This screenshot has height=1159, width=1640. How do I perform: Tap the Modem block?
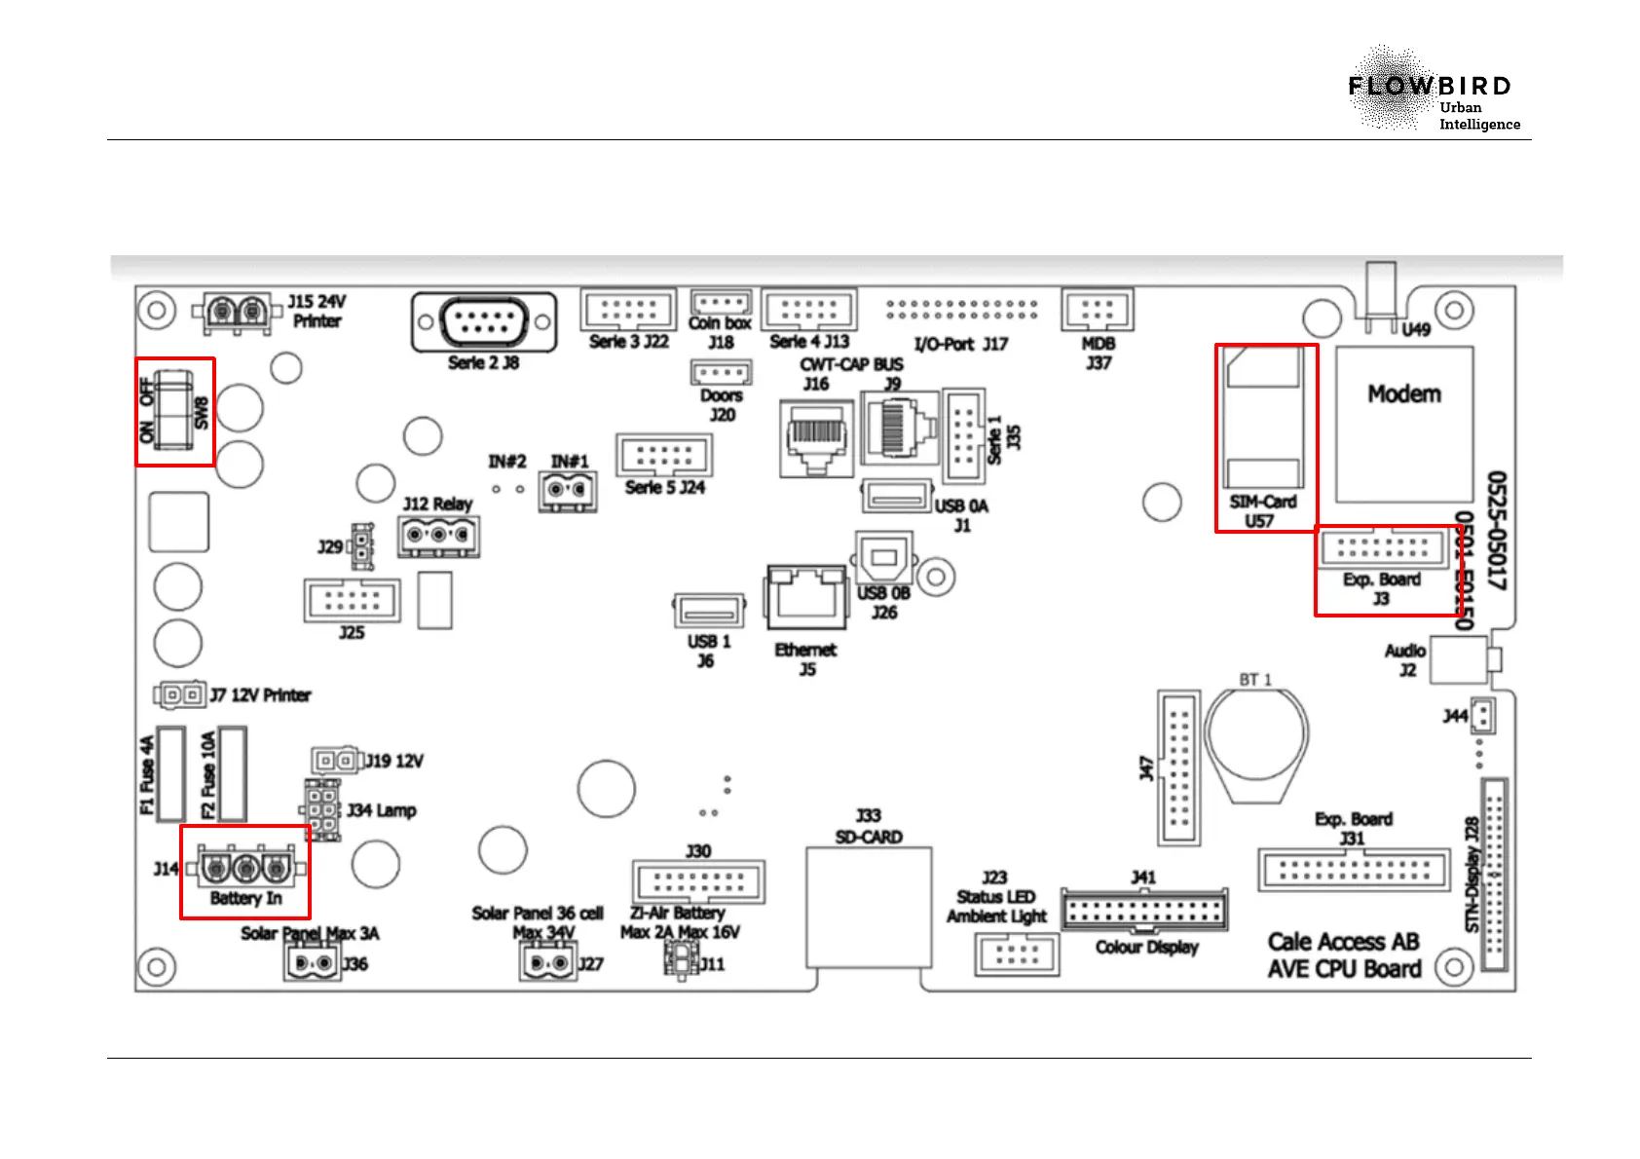coord(1403,425)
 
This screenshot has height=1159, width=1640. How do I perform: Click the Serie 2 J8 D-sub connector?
coord(484,321)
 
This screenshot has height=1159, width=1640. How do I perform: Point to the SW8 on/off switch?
coord(174,410)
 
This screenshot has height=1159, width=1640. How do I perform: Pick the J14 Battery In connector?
coord(245,866)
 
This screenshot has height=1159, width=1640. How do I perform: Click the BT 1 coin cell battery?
coord(1256,740)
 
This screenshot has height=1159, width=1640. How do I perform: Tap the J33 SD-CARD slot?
coord(868,906)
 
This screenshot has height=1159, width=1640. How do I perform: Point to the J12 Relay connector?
coord(438,536)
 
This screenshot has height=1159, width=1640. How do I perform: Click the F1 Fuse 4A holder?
coord(170,773)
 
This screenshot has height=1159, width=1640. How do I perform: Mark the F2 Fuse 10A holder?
coord(232,773)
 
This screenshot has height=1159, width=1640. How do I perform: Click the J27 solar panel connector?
coord(547,963)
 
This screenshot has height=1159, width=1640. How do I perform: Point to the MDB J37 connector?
coord(1098,311)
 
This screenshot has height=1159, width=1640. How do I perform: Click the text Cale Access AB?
coord(1342,942)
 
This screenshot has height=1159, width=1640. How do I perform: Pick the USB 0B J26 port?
coord(883,558)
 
